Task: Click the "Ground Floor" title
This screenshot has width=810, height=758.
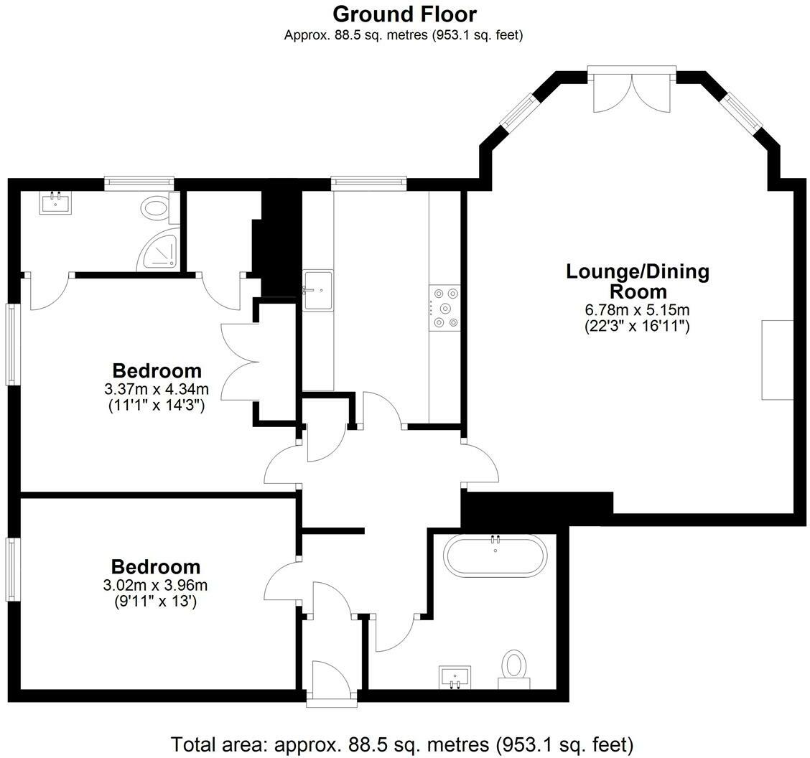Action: (404, 14)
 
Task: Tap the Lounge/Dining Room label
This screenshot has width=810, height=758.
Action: (638, 281)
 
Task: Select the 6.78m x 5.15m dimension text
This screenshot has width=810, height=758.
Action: (638, 311)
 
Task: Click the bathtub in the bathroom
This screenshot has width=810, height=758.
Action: (495, 555)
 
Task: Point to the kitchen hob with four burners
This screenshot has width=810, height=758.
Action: (444, 309)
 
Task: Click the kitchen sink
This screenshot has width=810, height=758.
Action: (317, 290)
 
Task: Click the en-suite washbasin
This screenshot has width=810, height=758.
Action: (55, 202)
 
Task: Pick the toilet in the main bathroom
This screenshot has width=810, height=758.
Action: (513, 665)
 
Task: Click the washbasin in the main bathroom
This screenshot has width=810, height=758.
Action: (454, 675)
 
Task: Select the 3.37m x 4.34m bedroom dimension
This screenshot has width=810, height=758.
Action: (156, 390)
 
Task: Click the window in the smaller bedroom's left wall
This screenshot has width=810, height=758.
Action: (14, 569)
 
